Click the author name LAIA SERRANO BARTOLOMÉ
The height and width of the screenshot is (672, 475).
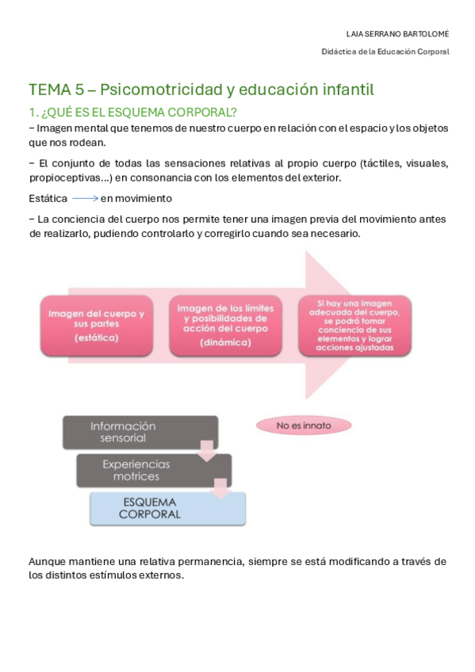pyautogui.click(x=398, y=34)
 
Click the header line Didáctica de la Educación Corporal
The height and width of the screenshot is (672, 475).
pyautogui.click(x=385, y=52)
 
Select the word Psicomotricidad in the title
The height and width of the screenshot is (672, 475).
pyautogui.click(x=167, y=89)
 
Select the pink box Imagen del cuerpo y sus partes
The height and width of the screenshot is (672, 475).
pyautogui.click(x=96, y=325)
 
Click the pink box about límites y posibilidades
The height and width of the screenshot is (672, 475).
pyautogui.click(x=227, y=325)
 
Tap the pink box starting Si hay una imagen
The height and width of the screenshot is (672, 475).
pyautogui.click(x=354, y=325)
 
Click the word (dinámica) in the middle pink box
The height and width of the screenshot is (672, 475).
pyautogui.click(x=227, y=342)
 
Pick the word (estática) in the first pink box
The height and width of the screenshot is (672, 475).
pyautogui.click(x=96, y=338)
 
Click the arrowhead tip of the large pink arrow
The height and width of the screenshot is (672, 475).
pyautogui.click(x=373, y=325)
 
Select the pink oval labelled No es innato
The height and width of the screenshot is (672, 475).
pyautogui.click(x=304, y=426)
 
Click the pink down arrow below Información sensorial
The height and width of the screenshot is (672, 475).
pyautogui.click(x=207, y=452)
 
